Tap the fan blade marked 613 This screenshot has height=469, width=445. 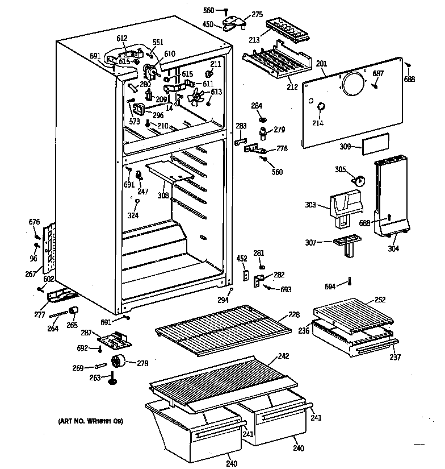pyautogui.click(x=197, y=97)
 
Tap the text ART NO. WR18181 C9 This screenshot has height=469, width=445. pyautogui.click(x=90, y=421)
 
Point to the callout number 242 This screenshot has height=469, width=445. pyautogui.click(x=283, y=357)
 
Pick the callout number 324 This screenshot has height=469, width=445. pyautogui.click(x=133, y=215)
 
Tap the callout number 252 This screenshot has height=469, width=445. pyautogui.click(x=380, y=299)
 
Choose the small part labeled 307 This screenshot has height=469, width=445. pyautogui.click(x=346, y=243)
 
